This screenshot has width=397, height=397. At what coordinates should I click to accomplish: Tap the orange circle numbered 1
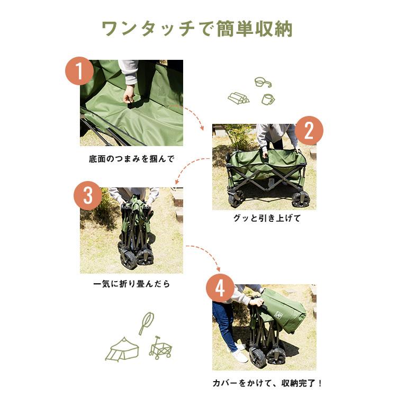(79, 71)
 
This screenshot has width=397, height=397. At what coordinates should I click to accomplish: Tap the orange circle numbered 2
(309, 130)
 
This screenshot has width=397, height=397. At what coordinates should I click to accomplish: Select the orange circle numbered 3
(87, 195)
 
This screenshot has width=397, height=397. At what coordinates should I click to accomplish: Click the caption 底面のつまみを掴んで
(132, 158)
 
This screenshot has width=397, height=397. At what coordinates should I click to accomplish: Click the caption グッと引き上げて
(267, 218)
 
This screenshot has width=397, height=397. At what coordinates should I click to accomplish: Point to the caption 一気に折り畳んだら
(132, 284)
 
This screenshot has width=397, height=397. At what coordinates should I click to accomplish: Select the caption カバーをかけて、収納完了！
(267, 383)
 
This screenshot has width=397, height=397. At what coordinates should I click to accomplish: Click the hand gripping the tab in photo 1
(129, 94)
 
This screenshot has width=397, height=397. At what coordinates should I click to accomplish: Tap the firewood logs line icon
(239, 98)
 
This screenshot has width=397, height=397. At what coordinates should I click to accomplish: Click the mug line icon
(268, 99)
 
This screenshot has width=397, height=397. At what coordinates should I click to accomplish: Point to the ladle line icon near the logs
(263, 83)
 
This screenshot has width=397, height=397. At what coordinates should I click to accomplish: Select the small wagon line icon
(160, 349)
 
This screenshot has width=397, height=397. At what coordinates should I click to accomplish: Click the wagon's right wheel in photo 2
(300, 199)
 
